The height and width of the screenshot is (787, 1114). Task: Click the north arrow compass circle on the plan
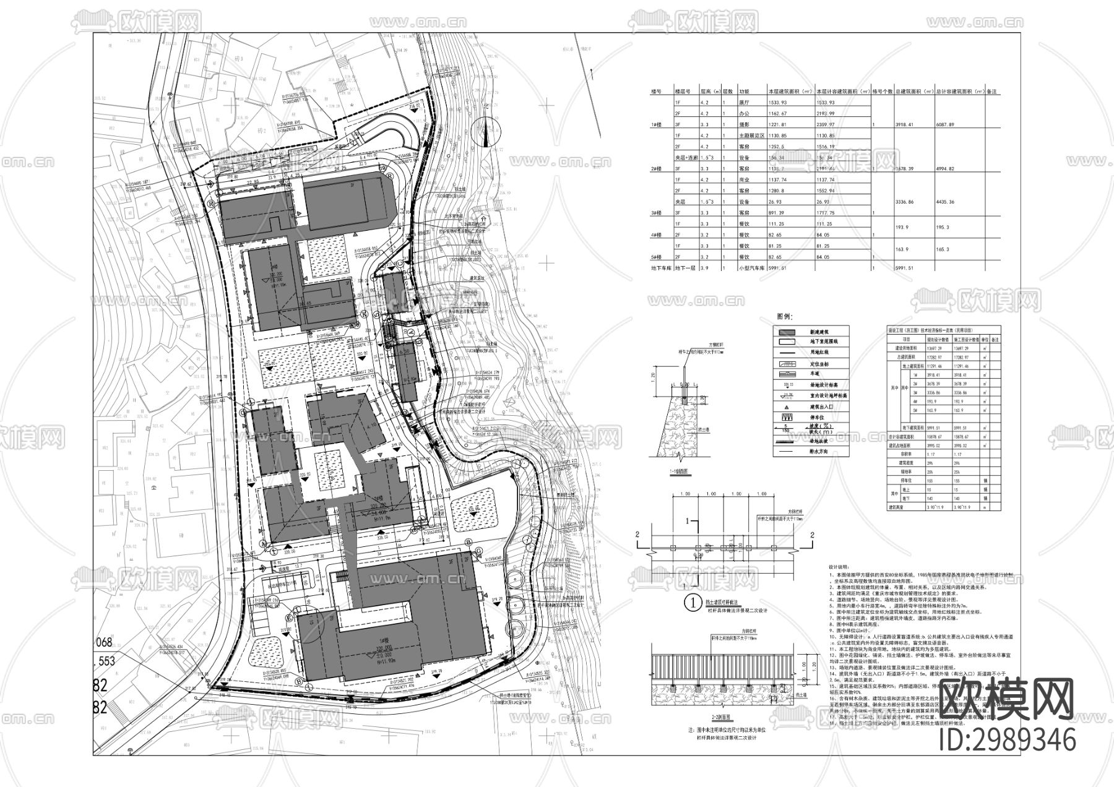(485, 132)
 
